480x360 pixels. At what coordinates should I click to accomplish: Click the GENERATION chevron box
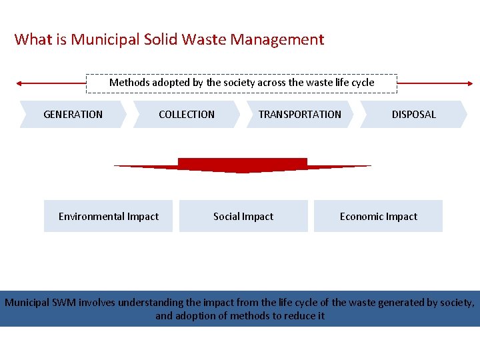point(73,114)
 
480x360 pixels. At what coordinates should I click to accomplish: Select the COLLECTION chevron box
point(187,114)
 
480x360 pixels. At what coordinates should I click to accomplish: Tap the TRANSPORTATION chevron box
point(300,114)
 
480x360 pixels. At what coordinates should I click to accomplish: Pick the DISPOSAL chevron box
point(413,114)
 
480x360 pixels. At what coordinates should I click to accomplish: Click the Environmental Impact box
point(108,216)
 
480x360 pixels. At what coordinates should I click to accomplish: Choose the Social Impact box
point(243,216)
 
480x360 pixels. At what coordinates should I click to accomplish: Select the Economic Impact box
point(378,216)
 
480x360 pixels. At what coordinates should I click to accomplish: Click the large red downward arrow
point(243,165)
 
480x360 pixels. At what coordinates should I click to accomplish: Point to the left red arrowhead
point(20,83)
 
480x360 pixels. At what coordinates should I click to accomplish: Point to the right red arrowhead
point(470,83)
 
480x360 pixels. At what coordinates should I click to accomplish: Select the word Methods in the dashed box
point(129,83)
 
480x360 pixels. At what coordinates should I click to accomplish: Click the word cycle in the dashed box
point(361,83)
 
